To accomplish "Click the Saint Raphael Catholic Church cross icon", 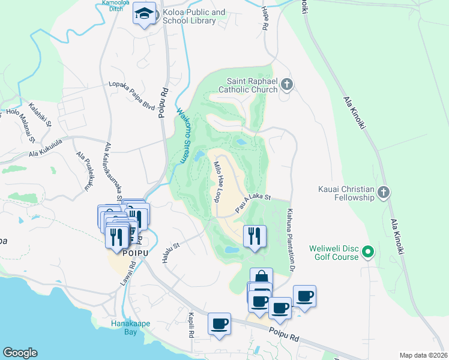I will (287, 85).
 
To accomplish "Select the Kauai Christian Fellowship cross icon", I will (384, 193).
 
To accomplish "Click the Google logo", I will (20, 353).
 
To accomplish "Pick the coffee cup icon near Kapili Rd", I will (219, 324).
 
